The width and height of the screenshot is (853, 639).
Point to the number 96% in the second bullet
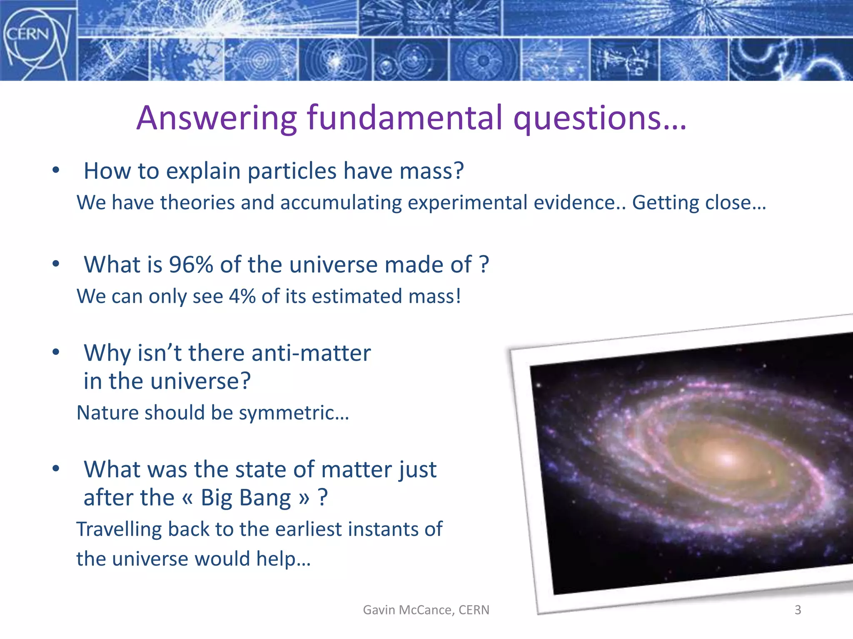(x=191, y=265)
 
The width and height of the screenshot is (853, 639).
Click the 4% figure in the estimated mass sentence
(x=242, y=297)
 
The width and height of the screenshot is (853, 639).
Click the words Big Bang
(x=246, y=498)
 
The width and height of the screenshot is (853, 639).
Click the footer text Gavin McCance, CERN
(x=426, y=610)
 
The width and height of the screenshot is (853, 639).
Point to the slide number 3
(x=798, y=610)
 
